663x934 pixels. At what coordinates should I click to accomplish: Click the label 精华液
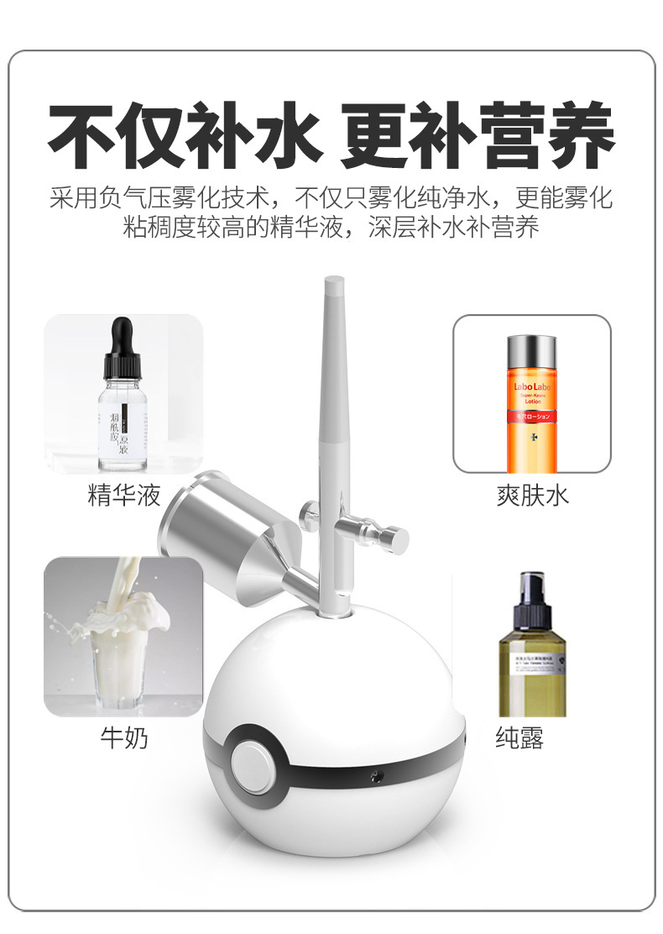coord(123,496)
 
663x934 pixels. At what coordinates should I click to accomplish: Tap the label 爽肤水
coord(532,496)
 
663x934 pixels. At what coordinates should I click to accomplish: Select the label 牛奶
coord(123,738)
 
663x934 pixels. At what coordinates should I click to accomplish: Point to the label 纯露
coord(519,738)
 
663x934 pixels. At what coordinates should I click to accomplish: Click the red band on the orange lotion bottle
coord(531,416)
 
